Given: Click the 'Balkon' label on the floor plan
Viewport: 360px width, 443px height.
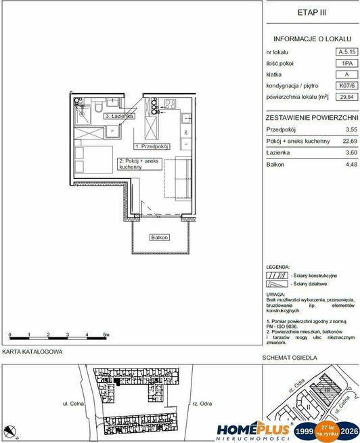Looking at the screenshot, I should coord(159,238).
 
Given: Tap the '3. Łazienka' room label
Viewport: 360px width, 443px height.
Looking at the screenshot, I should coord(118,117).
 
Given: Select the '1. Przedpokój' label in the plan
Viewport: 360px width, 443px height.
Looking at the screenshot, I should coord(151,146).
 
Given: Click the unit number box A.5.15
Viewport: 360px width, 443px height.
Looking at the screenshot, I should coord(347,51).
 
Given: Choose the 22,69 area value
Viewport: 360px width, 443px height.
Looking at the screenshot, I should coord(347,141).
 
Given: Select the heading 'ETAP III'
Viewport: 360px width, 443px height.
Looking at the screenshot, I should coord(311,12).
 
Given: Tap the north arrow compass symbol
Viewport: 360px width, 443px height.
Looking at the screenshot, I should coord(10,430).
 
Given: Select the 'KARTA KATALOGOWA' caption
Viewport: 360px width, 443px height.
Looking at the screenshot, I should coord(32,352).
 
